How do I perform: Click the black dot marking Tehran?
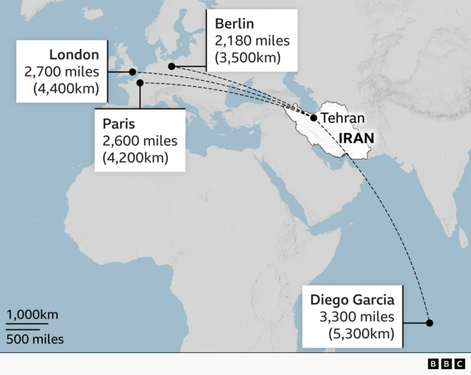coord(314,118)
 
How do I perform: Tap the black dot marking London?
coord(132,72)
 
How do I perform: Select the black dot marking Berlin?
coord(171,66)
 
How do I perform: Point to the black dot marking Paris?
coord(140,84)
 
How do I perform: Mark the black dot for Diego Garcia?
coord(430,322)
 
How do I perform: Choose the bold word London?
coord(74,54)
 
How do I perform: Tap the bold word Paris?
coord(119,124)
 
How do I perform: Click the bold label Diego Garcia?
coord(352,300)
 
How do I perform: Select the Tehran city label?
coord(343,118)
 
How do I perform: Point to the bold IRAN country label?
coord(356,137)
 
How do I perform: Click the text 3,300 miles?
coord(357,318)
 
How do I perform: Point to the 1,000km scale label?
coord(32,315)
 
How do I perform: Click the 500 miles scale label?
coord(35,339)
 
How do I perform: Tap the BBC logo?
coord(445,364)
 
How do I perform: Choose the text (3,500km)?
coord(247,57)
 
